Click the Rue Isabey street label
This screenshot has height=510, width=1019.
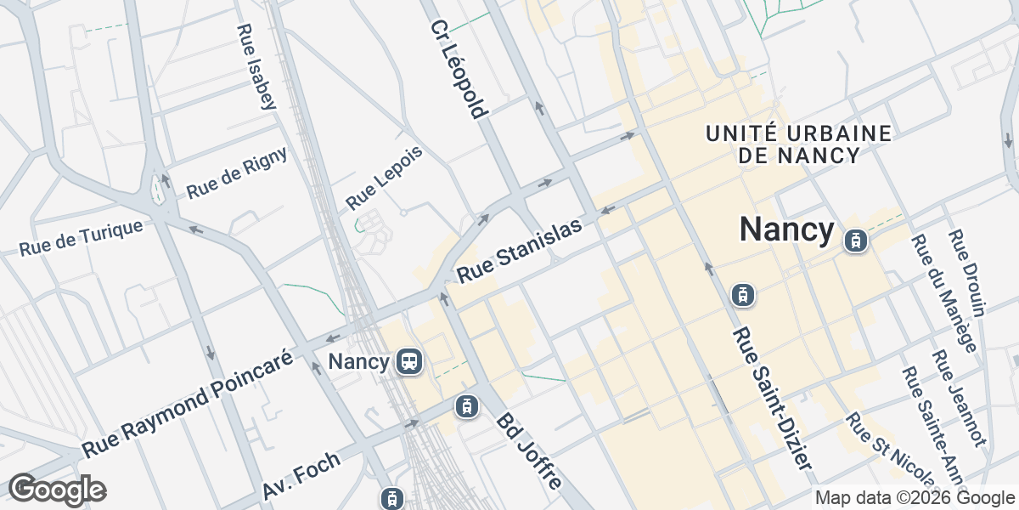(256, 67)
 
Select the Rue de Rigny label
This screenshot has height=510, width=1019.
(237, 173)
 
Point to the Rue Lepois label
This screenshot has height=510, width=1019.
(385, 183)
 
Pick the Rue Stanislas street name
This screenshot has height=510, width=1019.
(521, 251)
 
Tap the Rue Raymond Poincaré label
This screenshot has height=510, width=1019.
(188, 401)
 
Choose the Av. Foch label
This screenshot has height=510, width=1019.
(301, 476)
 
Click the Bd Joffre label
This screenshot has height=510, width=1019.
(530, 450)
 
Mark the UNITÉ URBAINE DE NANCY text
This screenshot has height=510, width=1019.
(798, 144)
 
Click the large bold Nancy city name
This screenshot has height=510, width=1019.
(787, 229)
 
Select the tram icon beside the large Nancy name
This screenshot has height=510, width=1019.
(855, 241)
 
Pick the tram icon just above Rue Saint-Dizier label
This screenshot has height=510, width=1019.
(743, 295)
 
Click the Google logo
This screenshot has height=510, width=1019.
(57, 490)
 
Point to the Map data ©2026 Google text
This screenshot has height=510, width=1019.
(915, 498)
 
